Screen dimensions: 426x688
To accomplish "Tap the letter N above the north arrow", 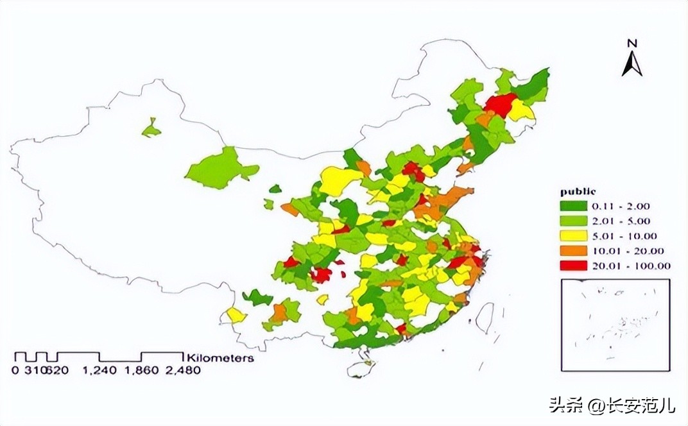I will pyautogui.click(x=632, y=43).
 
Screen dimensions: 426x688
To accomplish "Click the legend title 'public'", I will pyautogui.click(x=578, y=191).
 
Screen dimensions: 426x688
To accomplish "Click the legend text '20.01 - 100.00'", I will pyautogui.click(x=632, y=266).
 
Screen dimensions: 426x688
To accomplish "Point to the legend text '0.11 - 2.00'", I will pyautogui.click(x=621, y=206).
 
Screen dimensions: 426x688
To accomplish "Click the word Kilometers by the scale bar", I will pyautogui.click(x=219, y=358).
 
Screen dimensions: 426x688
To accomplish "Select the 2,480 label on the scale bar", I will pyautogui.click(x=183, y=370).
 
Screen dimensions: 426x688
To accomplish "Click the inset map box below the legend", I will pyautogui.click(x=615, y=325).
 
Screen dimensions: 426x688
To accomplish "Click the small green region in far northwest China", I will pyautogui.click(x=151, y=129).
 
